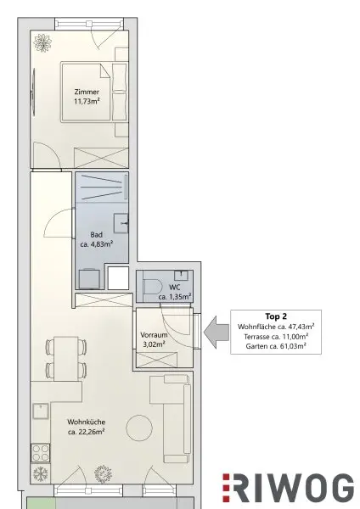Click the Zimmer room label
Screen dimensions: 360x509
tap(87, 92)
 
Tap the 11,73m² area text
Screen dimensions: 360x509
tap(87, 101)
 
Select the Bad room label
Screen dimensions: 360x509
tap(97, 235)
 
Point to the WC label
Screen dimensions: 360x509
tap(175, 288)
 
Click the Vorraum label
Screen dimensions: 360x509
tap(154, 335)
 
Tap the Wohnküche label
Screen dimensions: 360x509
tap(86, 422)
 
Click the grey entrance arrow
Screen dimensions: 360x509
tap(217, 333)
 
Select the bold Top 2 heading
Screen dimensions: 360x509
tap(276, 316)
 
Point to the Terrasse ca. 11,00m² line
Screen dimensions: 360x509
tap(276, 337)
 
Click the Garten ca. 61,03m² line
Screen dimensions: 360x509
tap(276, 346)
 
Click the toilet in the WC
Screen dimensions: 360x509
tap(152, 287)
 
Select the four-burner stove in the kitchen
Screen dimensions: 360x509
tap(41, 452)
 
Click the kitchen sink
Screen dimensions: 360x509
tap(41, 411)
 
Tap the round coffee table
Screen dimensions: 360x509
tap(139, 428)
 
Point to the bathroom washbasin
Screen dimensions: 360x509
tap(121, 223)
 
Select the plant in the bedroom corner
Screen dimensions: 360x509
tap(42, 43)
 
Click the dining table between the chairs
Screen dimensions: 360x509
tap(66, 359)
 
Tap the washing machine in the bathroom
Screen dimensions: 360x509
tap(89, 279)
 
